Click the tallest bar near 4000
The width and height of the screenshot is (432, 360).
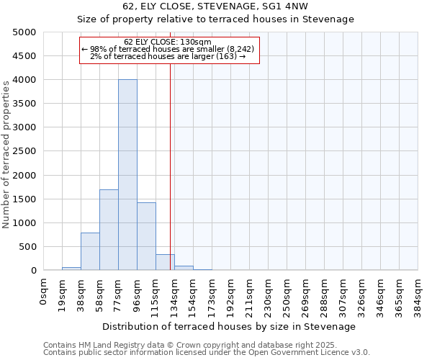click(127, 175)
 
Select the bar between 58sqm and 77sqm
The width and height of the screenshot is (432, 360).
click(109, 230)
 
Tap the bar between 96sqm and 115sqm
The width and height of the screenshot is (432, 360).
click(146, 236)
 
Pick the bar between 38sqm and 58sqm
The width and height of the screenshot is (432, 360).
click(90, 251)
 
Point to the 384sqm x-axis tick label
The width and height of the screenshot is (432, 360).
click(418, 294)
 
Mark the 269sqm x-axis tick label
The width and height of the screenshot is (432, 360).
click(305, 294)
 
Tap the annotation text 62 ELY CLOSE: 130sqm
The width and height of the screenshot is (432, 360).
click(168, 42)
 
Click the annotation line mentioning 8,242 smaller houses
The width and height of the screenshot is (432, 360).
click(168, 49)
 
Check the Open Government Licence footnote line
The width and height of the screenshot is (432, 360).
click(207, 352)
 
